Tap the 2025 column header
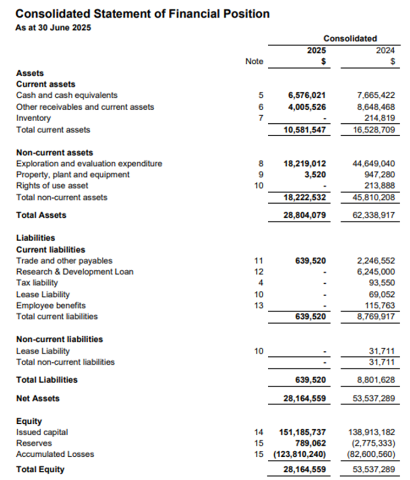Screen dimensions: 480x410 [316, 50]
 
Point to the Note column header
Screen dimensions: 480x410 [254, 62]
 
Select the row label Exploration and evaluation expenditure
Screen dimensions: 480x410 [89, 163]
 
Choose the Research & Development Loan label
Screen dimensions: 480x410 [75, 271]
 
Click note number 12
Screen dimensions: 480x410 [258, 271]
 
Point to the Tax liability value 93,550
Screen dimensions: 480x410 [382, 283]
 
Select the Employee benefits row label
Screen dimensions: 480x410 [51, 305]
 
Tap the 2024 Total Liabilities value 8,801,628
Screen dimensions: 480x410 [376, 380]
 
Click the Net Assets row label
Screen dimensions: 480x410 [38, 398]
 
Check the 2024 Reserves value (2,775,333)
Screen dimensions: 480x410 [373, 443]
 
